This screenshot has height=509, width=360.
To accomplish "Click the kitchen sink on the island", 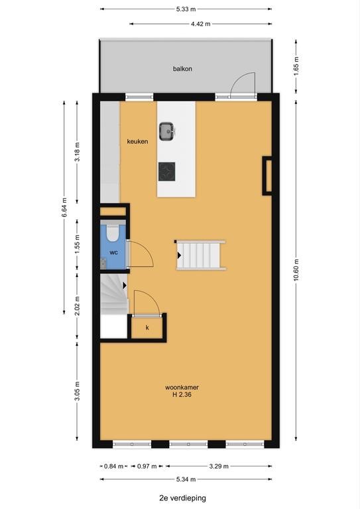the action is pos(167,131).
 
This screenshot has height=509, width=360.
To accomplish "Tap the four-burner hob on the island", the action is pos(167,172).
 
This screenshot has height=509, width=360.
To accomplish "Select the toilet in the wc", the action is pos(113,233).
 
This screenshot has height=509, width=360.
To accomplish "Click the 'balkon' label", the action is pos(182,69).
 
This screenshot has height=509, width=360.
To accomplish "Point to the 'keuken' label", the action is pos(138,142).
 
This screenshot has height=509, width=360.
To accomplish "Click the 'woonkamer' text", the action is pos(182,387).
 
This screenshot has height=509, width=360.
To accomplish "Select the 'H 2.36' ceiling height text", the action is pos(182,395).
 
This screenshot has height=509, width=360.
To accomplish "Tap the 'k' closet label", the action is pos(147,328).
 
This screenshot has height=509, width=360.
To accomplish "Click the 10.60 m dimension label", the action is pos(296,271).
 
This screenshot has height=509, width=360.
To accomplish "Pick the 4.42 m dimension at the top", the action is pos(201,24).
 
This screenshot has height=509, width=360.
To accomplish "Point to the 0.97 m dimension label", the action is pos(147,467).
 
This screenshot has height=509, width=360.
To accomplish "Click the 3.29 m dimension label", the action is pos(219,467).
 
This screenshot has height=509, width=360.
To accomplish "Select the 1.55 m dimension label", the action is pos(78,245).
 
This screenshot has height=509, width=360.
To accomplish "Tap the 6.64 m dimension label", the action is pos(64,207).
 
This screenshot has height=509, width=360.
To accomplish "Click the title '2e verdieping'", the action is pos(183,498).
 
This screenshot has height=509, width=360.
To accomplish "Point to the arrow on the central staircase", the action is pos(179,256).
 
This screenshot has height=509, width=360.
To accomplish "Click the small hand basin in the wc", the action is pos(103,263).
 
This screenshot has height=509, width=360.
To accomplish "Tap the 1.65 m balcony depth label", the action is pos(296,66).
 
